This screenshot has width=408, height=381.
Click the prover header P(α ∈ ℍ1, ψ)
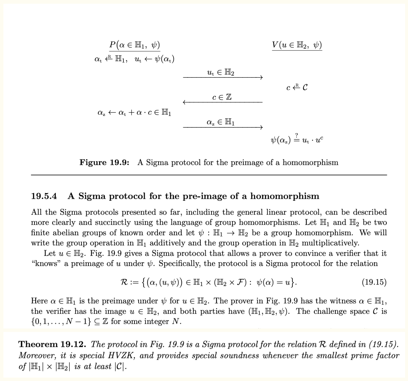click(134, 45)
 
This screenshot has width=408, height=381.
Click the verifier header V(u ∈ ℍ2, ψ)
click(297, 45)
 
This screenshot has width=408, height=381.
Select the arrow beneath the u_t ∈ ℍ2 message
click(223, 77)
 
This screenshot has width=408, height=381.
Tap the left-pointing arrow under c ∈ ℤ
click(223, 102)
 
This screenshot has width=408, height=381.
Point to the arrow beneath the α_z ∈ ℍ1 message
click(223, 127)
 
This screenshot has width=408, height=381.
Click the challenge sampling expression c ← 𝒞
click(297, 87)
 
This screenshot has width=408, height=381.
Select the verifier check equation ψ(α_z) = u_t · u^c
click(297, 140)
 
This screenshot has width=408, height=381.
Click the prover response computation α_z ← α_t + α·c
click(134, 112)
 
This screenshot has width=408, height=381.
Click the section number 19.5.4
click(44, 196)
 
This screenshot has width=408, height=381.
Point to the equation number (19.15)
click(374, 282)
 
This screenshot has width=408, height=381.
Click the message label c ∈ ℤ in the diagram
click(222, 97)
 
